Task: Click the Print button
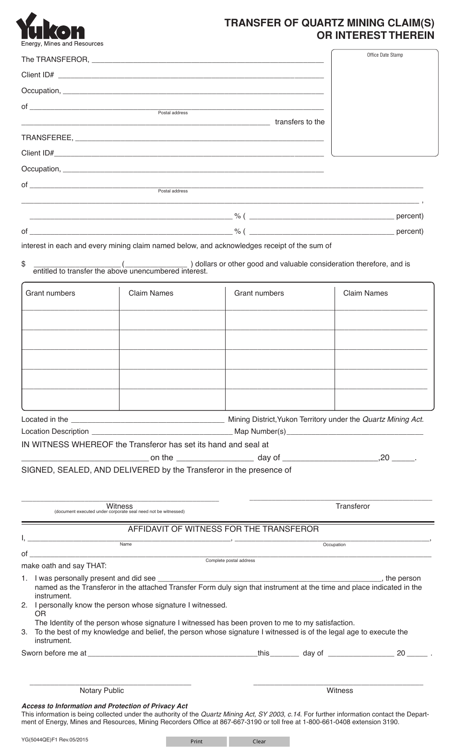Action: (x=196, y=741)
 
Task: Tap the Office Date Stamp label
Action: (x=385, y=55)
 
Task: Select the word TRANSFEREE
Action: (x=47, y=138)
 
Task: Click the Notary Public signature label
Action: (x=102, y=691)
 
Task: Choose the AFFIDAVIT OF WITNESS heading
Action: (x=223, y=529)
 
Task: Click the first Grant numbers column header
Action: (x=50, y=293)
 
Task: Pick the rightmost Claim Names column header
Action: (x=365, y=293)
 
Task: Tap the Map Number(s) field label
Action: (x=260, y=431)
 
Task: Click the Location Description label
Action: (x=55, y=431)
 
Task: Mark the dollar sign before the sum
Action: (x=23, y=264)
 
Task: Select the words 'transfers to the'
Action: (x=300, y=122)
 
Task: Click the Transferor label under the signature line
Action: (x=353, y=506)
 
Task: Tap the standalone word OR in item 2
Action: (x=40, y=614)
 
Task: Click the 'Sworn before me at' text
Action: (x=54, y=653)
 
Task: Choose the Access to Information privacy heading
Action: (x=105, y=706)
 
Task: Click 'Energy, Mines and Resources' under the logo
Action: (x=62, y=44)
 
